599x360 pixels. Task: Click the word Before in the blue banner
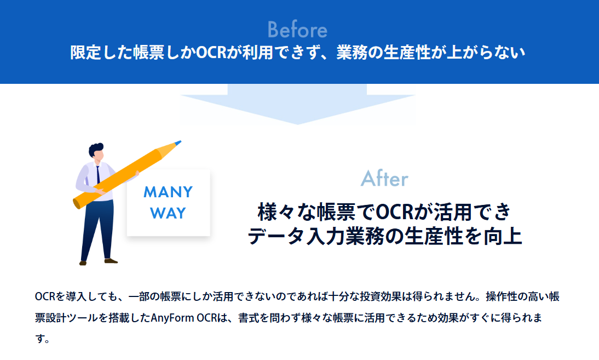click(x=297, y=30)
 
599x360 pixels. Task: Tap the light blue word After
click(x=384, y=179)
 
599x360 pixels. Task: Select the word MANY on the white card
click(x=168, y=192)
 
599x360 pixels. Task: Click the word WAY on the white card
click(x=168, y=213)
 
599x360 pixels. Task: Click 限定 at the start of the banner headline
click(x=83, y=53)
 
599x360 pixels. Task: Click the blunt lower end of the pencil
click(x=76, y=203)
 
